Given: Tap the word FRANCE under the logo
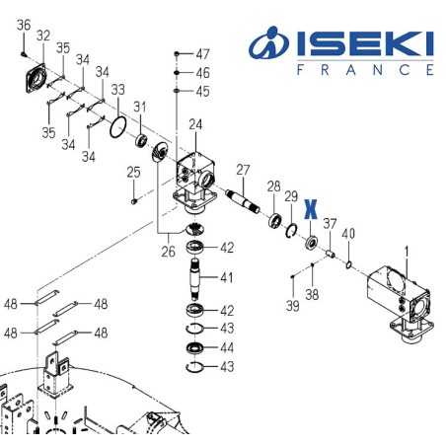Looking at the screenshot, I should [x=363, y=71].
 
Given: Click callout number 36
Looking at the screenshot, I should [x=25, y=25].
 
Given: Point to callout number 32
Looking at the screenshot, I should [x=43, y=36].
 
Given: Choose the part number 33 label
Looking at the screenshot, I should [x=117, y=90].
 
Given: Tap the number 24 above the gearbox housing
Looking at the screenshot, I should [x=195, y=124].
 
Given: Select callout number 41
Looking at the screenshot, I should [x=226, y=277].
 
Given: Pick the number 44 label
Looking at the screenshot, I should [x=226, y=348].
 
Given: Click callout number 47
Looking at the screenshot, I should [x=202, y=52].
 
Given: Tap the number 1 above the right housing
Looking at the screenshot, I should [x=406, y=251].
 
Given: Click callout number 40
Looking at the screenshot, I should [x=347, y=234].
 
